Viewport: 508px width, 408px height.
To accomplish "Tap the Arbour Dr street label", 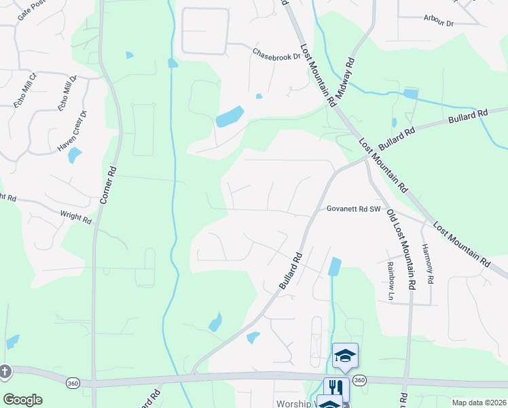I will (438, 21).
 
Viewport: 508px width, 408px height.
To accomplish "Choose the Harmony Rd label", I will (428, 265).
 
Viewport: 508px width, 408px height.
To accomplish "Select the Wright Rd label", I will (75, 217).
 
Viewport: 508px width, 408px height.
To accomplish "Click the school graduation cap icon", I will (345, 356).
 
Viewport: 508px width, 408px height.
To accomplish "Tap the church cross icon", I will (5, 371).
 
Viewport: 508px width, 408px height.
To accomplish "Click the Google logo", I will (22, 400).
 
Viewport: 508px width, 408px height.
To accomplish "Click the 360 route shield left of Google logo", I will (72, 384).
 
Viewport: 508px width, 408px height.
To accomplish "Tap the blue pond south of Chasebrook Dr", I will (230, 117).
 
